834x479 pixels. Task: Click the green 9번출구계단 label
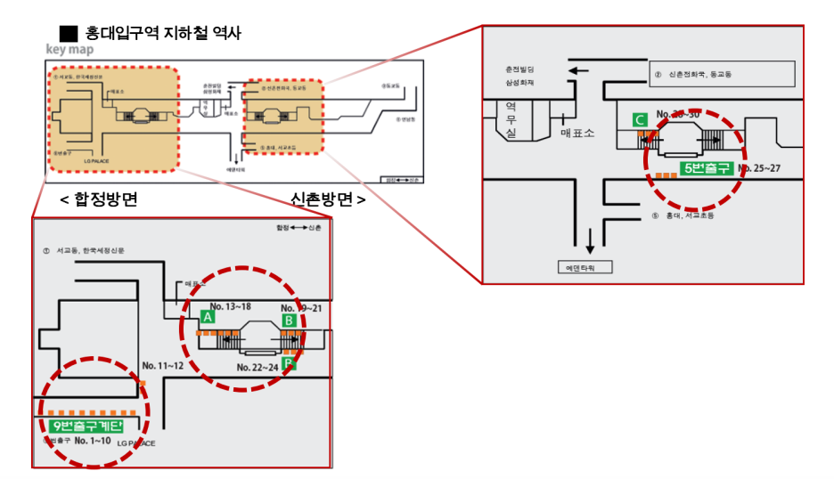[87, 426]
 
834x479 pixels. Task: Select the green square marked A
[208, 316]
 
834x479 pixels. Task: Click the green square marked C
[639, 119]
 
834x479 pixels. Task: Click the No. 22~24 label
[258, 367]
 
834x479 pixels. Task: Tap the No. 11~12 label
[163, 366]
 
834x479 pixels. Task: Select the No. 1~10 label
[93, 441]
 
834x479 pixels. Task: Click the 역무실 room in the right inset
[511, 119]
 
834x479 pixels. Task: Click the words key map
[69, 50]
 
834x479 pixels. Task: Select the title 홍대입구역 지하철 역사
[169, 33]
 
